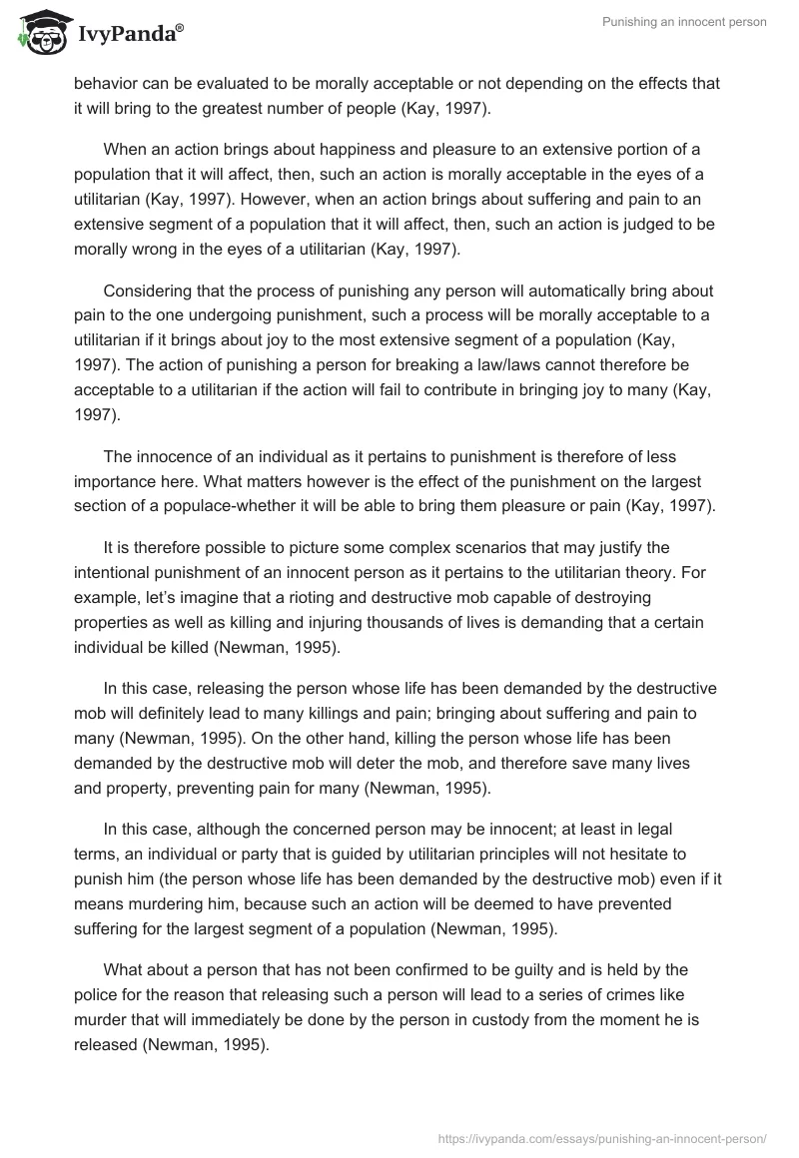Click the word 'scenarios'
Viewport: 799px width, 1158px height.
(x=544, y=547)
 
